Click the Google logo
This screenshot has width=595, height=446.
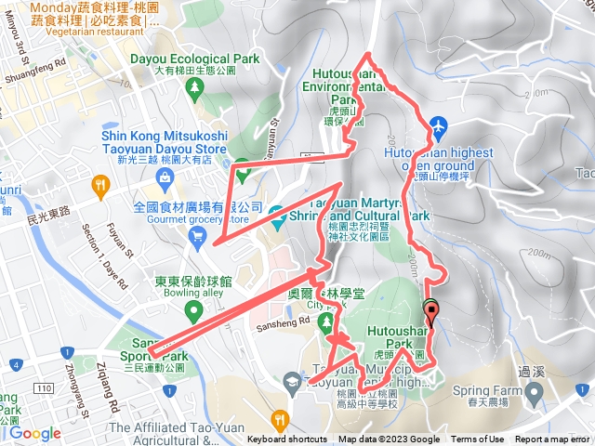click(34, 433)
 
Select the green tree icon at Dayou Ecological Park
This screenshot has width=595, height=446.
click(195, 87)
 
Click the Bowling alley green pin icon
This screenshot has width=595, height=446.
click(193, 309)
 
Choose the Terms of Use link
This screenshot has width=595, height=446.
click(478, 439)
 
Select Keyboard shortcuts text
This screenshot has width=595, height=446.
click(287, 439)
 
